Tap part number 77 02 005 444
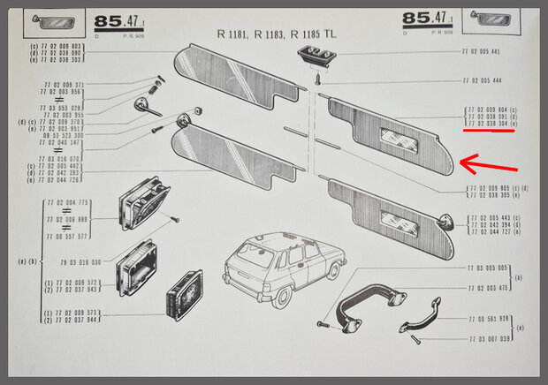click(482, 80)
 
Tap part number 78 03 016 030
click(80, 262)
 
